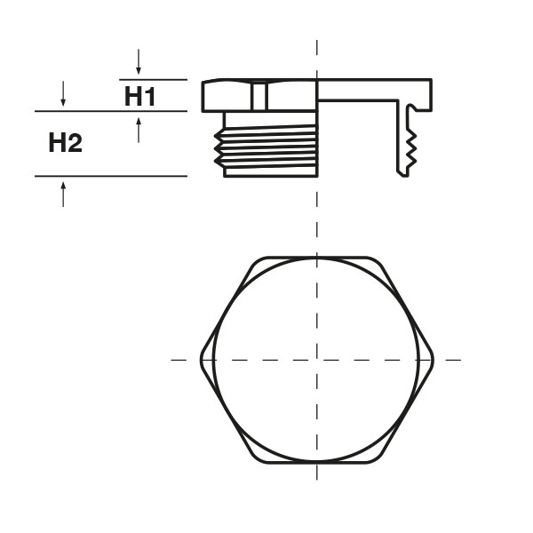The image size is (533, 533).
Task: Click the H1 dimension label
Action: tap(139, 96)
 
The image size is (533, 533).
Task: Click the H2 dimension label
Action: tap(65, 142)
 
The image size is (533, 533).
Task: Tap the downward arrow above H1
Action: tap(139, 63)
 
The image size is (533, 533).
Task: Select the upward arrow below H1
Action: tap(139, 129)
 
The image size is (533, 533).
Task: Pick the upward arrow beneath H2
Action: tap(63, 193)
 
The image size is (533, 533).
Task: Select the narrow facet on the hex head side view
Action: tap(259, 95)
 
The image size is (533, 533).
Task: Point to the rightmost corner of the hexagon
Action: tap(433, 360)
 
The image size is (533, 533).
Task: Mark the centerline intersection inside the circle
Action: tap(317, 360)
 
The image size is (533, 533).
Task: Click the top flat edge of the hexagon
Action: tap(317, 259)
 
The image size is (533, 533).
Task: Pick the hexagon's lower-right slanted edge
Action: tap(405, 414)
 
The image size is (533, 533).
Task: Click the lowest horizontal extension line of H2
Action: tap(111, 176)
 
